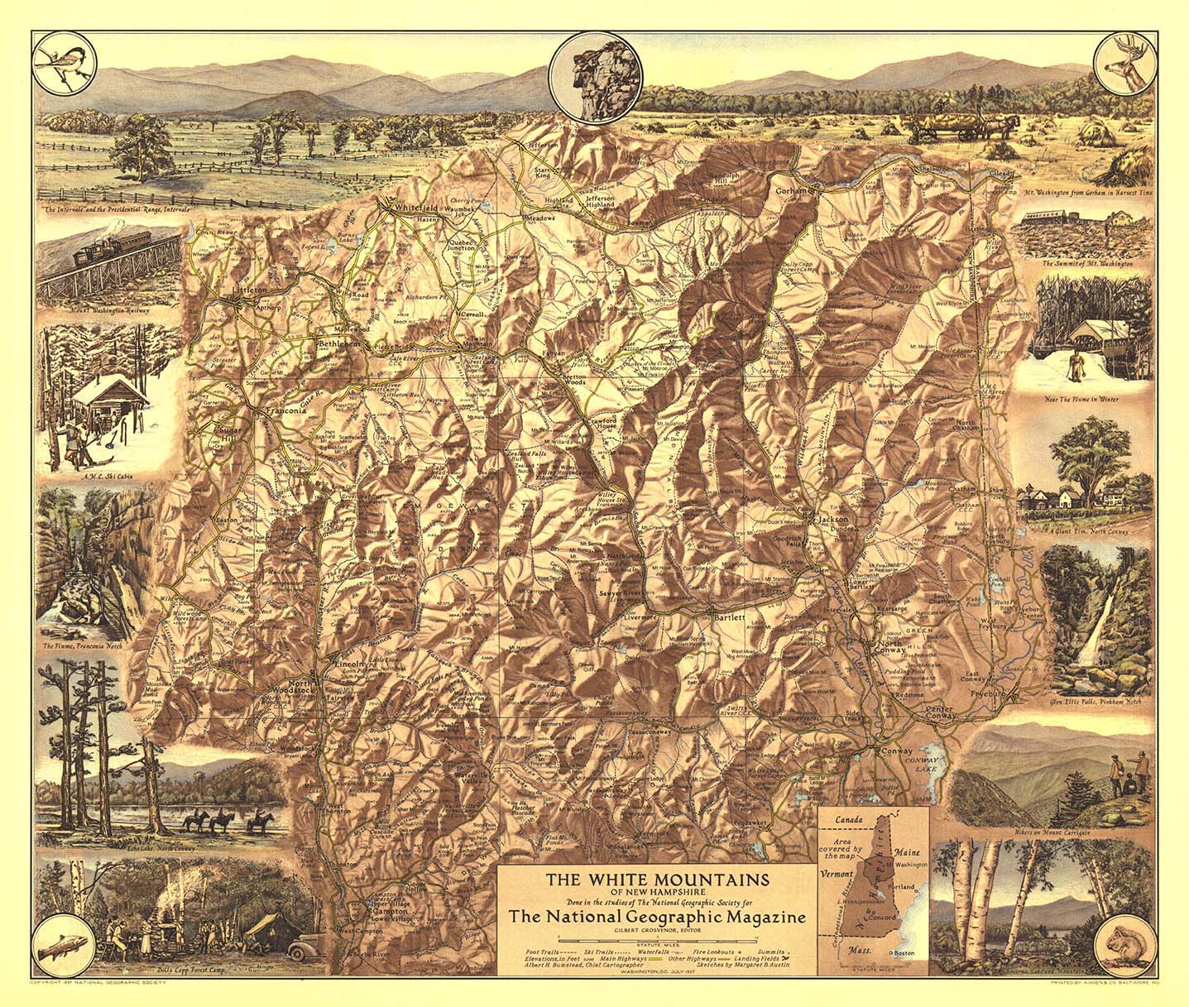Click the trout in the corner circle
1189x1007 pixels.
point(65,942)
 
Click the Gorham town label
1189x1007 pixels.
point(791,189)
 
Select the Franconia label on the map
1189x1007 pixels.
point(285,411)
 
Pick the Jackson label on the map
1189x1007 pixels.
point(832,518)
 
